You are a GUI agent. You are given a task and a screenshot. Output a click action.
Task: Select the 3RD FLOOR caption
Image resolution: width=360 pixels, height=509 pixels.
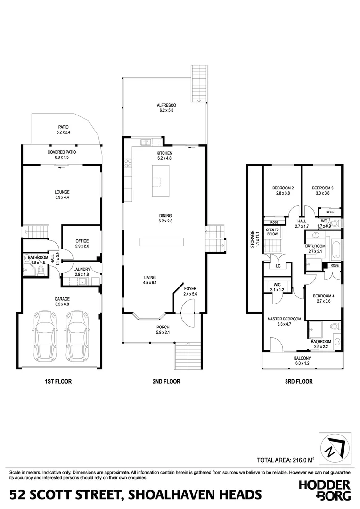(x=300, y=381)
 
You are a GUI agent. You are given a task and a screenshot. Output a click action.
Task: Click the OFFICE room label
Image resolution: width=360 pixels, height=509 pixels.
(x=82, y=244)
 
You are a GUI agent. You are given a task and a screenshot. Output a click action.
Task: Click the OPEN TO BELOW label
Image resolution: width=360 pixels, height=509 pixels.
(x=272, y=231)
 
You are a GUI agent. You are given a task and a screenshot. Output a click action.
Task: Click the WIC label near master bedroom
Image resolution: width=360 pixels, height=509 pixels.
(x=277, y=287)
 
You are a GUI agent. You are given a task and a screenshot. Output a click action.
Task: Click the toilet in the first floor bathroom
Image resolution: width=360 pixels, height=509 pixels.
(x=41, y=270)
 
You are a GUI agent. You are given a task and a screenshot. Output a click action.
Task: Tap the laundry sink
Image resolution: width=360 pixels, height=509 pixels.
(x=83, y=281)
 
